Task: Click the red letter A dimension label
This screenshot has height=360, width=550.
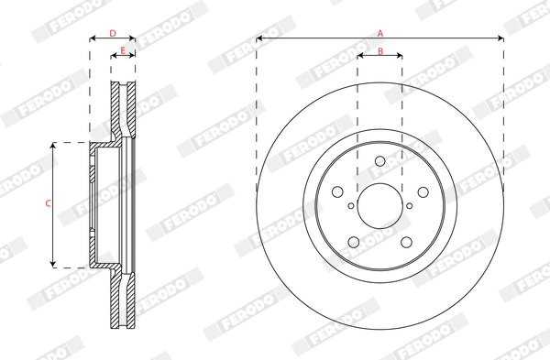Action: (x=380, y=33)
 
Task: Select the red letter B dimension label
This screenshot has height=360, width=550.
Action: (x=380, y=51)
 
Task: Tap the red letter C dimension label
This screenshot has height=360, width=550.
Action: (x=48, y=203)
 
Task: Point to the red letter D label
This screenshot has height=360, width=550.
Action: (x=113, y=33)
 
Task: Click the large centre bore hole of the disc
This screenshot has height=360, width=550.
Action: (x=379, y=204)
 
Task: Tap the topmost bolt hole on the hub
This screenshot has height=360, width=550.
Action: (x=379, y=162)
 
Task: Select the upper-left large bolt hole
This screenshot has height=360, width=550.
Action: (x=338, y=192)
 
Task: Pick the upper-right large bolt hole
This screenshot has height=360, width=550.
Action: (x=422, y=192)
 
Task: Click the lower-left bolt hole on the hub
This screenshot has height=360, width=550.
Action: (x=354, y=240)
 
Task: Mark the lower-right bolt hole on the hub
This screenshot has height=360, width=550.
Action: (x=406, y=240)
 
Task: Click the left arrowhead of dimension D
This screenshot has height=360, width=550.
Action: (x=93, y=39)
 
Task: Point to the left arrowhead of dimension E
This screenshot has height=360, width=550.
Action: (x=114, y=56)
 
